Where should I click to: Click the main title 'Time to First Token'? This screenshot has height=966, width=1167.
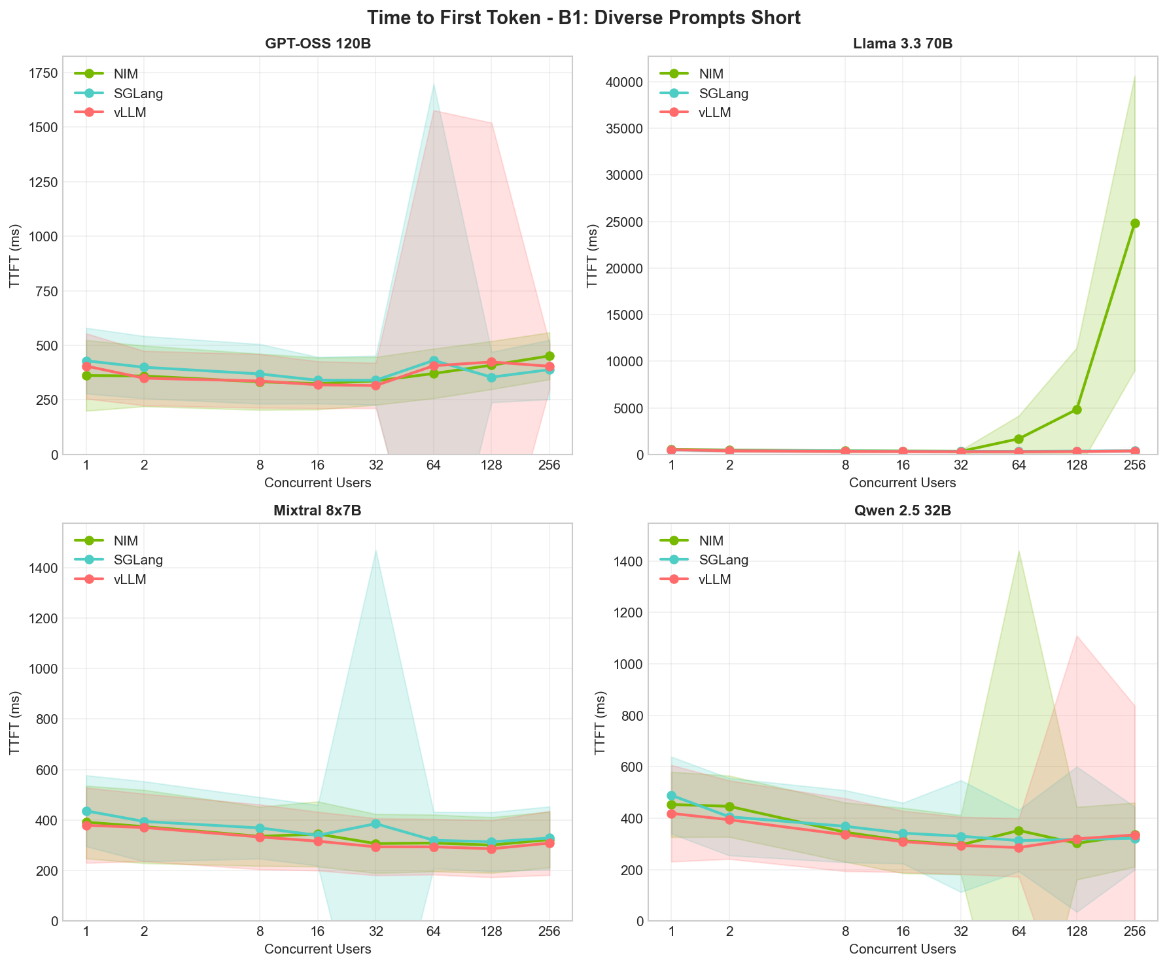583,18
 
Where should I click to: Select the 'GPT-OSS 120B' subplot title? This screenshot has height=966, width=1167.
317,44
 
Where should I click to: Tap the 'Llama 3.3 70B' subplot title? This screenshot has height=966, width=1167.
902,44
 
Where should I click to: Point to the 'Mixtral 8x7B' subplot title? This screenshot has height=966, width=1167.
317,511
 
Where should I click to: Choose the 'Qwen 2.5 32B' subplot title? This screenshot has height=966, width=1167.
902,511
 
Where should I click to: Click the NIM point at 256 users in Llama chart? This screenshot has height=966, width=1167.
1135,223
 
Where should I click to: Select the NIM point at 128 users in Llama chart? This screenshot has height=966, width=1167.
1077,409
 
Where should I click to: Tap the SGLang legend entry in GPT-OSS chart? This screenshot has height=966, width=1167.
138,93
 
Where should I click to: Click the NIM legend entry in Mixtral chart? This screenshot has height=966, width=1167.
126,540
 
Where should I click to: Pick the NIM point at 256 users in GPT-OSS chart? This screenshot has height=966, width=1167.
549,356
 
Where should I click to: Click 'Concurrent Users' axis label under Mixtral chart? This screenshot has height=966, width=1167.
317,949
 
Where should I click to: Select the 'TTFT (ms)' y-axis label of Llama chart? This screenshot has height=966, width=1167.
592,255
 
